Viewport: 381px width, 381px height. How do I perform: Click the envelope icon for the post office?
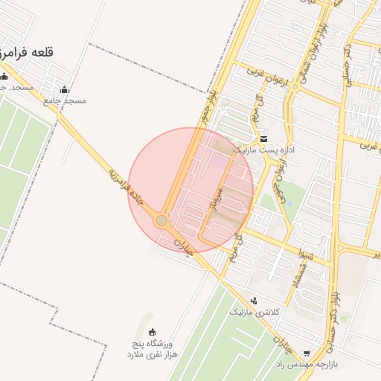click(x=264, y=139)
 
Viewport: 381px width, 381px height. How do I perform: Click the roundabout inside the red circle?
click(x=161, y=220)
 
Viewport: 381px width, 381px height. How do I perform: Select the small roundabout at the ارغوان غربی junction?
click(x=295, y=86)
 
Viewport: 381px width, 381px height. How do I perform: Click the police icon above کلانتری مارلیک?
click(x=255, y=301)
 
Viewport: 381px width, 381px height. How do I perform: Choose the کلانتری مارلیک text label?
click(x=254, y=312)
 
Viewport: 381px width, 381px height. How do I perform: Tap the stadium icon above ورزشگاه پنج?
click(x=153, y=332)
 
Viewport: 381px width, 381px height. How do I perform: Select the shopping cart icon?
click(x=307, y=353)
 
